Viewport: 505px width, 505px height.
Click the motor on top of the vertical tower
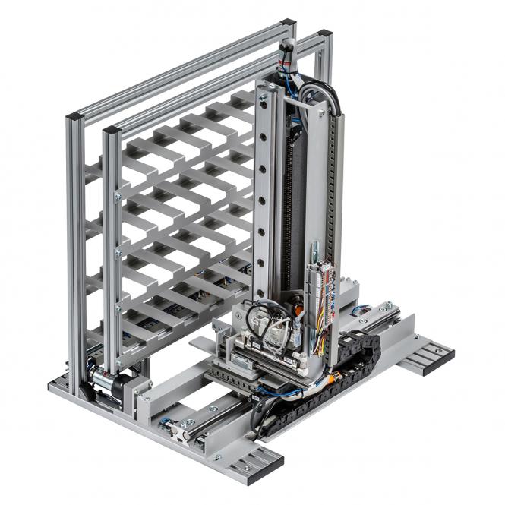[287, 56]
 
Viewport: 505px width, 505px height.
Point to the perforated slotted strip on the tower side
[336, 190]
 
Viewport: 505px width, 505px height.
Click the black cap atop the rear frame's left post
[74, 117]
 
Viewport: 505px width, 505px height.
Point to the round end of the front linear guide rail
[174, 430]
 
